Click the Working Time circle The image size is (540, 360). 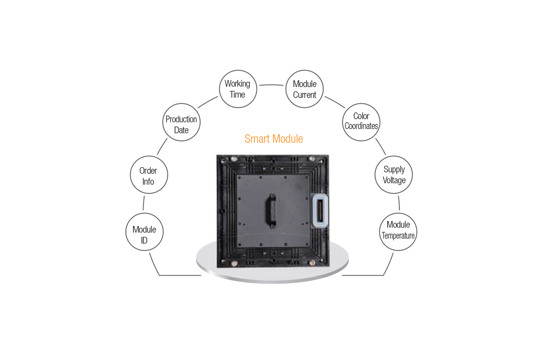point(238,89)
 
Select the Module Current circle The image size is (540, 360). point(304,89)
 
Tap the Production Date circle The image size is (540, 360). point(181,122)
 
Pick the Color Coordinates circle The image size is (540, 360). point(361,122)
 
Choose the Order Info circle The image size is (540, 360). point(149,175)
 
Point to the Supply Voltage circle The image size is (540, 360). point(394,175)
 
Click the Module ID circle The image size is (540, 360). point(144,232)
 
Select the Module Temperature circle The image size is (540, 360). point(398,232)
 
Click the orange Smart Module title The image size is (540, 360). point(274,139)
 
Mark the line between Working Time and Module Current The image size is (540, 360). point(271,85)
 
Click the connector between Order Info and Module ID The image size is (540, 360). point(144,203)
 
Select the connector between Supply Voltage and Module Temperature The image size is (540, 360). point(399,203)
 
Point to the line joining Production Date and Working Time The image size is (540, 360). point(207,102)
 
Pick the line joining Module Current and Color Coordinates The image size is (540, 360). point(335,102)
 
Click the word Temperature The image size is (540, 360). point(398,236)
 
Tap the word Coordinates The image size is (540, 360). point(361,126)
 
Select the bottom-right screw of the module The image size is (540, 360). point(312,263)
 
